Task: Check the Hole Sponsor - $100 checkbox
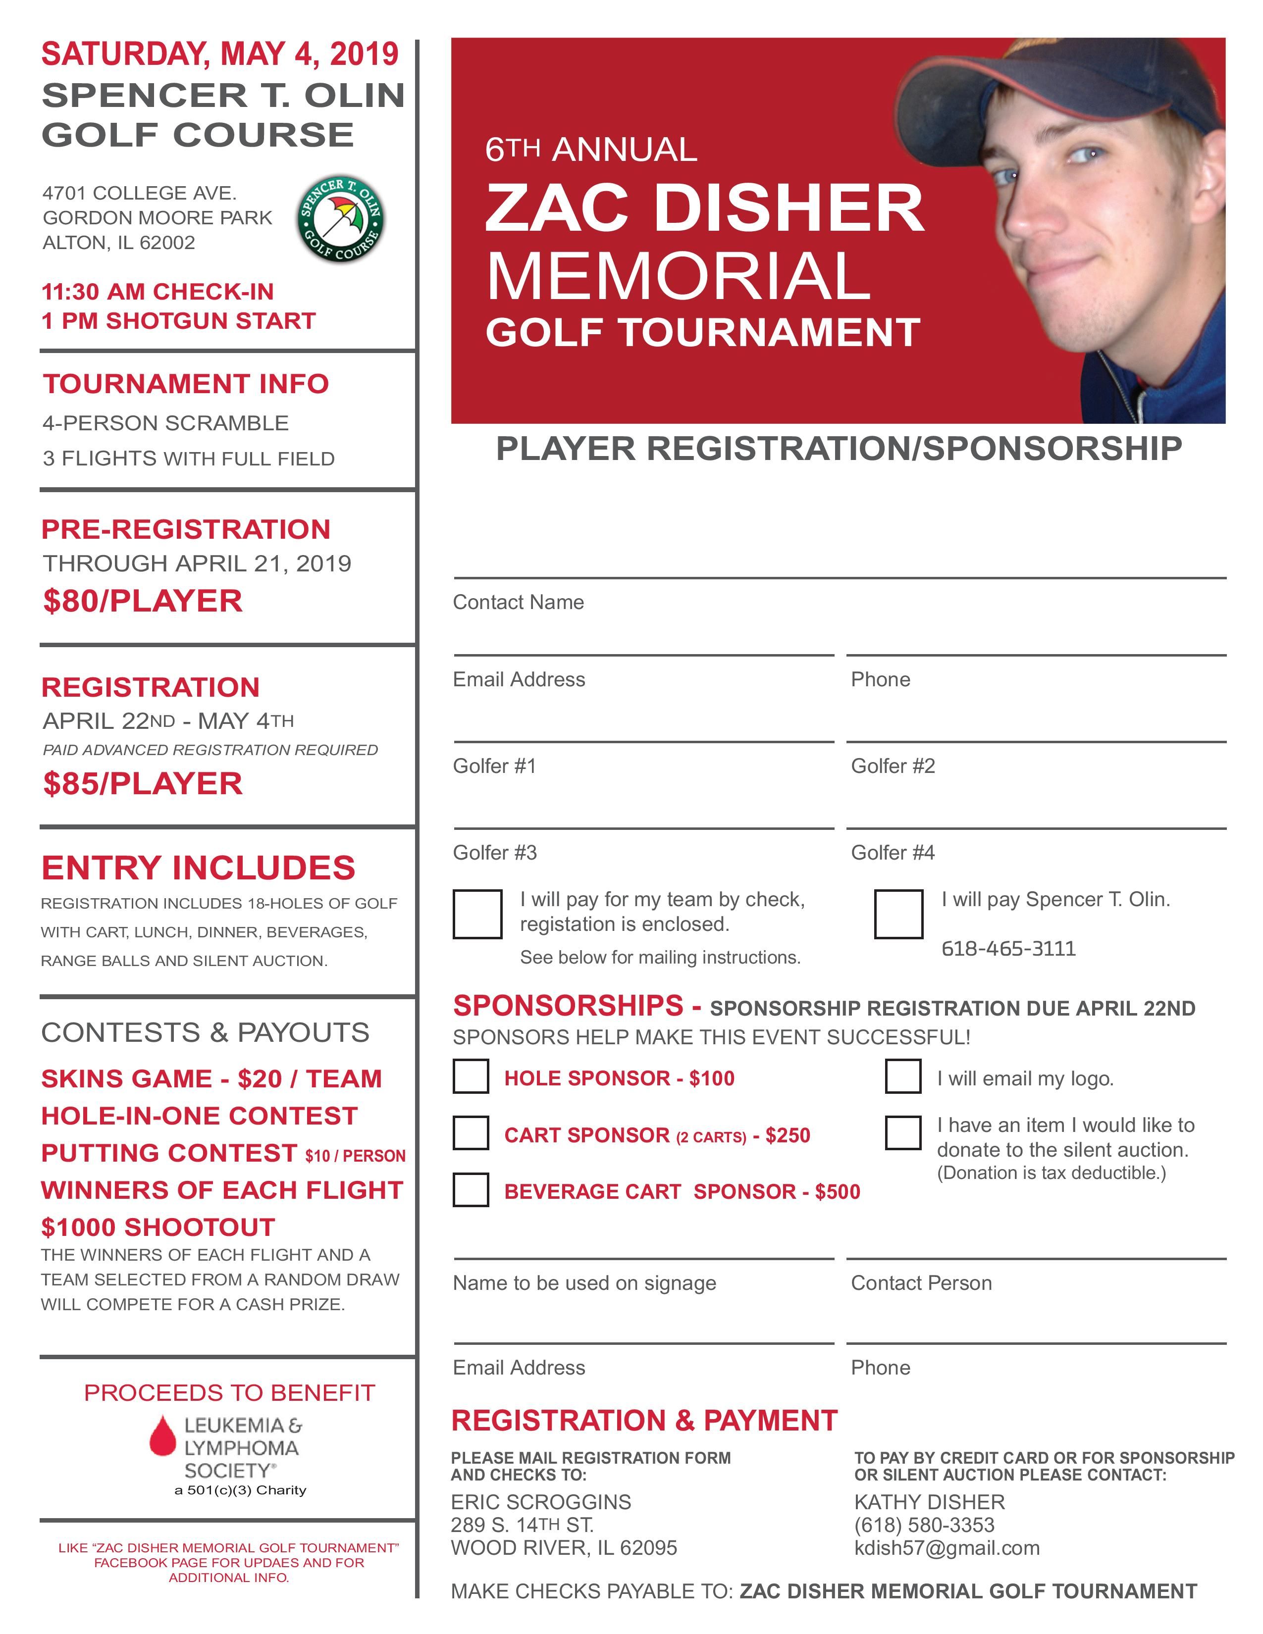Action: (471, 1077)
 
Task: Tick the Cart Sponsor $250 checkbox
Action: (471, 1133)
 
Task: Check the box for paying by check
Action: (477, 914)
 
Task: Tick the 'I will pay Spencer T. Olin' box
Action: (898, 914)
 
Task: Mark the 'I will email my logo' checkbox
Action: (902, 1076)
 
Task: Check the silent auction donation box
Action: (902, 1133)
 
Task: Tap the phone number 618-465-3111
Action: (1008, 949)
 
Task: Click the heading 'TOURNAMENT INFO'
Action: (186, 384)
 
